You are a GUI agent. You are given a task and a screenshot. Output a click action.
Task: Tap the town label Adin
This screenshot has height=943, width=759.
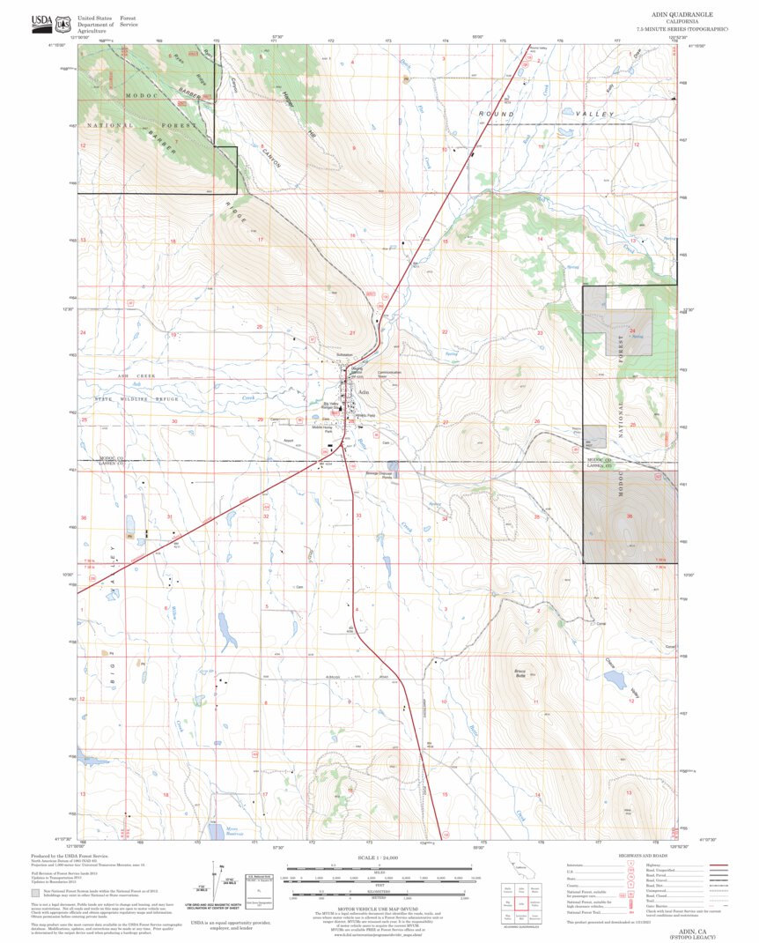(363, 392)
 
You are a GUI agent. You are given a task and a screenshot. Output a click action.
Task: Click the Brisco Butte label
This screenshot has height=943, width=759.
(520, 674)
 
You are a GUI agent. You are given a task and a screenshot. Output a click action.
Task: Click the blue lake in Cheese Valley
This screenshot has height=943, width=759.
(615, 679)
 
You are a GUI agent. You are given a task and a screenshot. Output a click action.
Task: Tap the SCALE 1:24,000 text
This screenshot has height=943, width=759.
(378, 857)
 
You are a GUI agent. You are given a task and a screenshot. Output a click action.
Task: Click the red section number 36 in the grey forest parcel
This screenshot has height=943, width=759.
(629, 516)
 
